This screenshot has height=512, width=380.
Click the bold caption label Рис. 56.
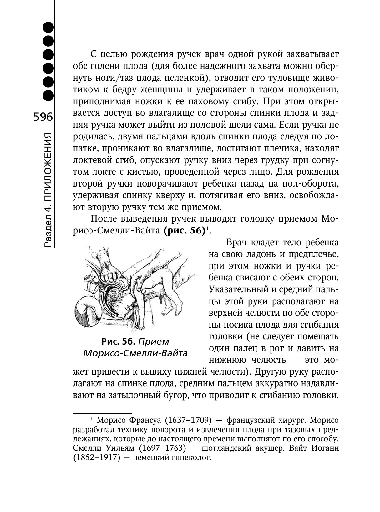[x=118, y=341]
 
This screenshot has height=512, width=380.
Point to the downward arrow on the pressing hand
[x=107, y=266]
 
